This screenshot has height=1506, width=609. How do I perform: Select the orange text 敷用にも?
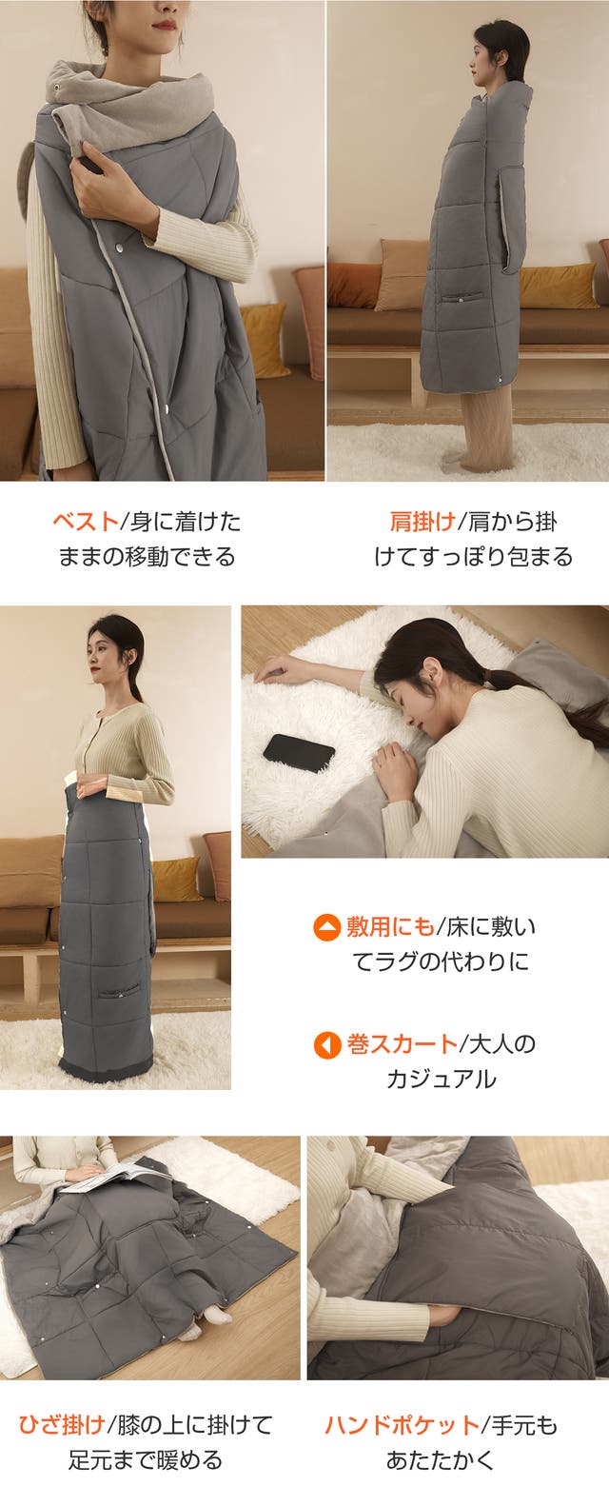390,927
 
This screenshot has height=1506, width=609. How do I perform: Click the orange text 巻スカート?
402,1044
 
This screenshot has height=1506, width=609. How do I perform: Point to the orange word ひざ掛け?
62,1424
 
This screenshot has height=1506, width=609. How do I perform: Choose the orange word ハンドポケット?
402,1424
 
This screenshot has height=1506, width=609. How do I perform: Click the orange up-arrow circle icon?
327,928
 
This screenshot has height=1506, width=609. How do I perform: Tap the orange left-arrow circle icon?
327,1045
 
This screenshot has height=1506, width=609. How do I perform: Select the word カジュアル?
442,1080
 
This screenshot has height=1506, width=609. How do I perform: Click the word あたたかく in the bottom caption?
441,1459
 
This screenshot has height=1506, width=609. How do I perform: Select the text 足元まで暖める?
145,1459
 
